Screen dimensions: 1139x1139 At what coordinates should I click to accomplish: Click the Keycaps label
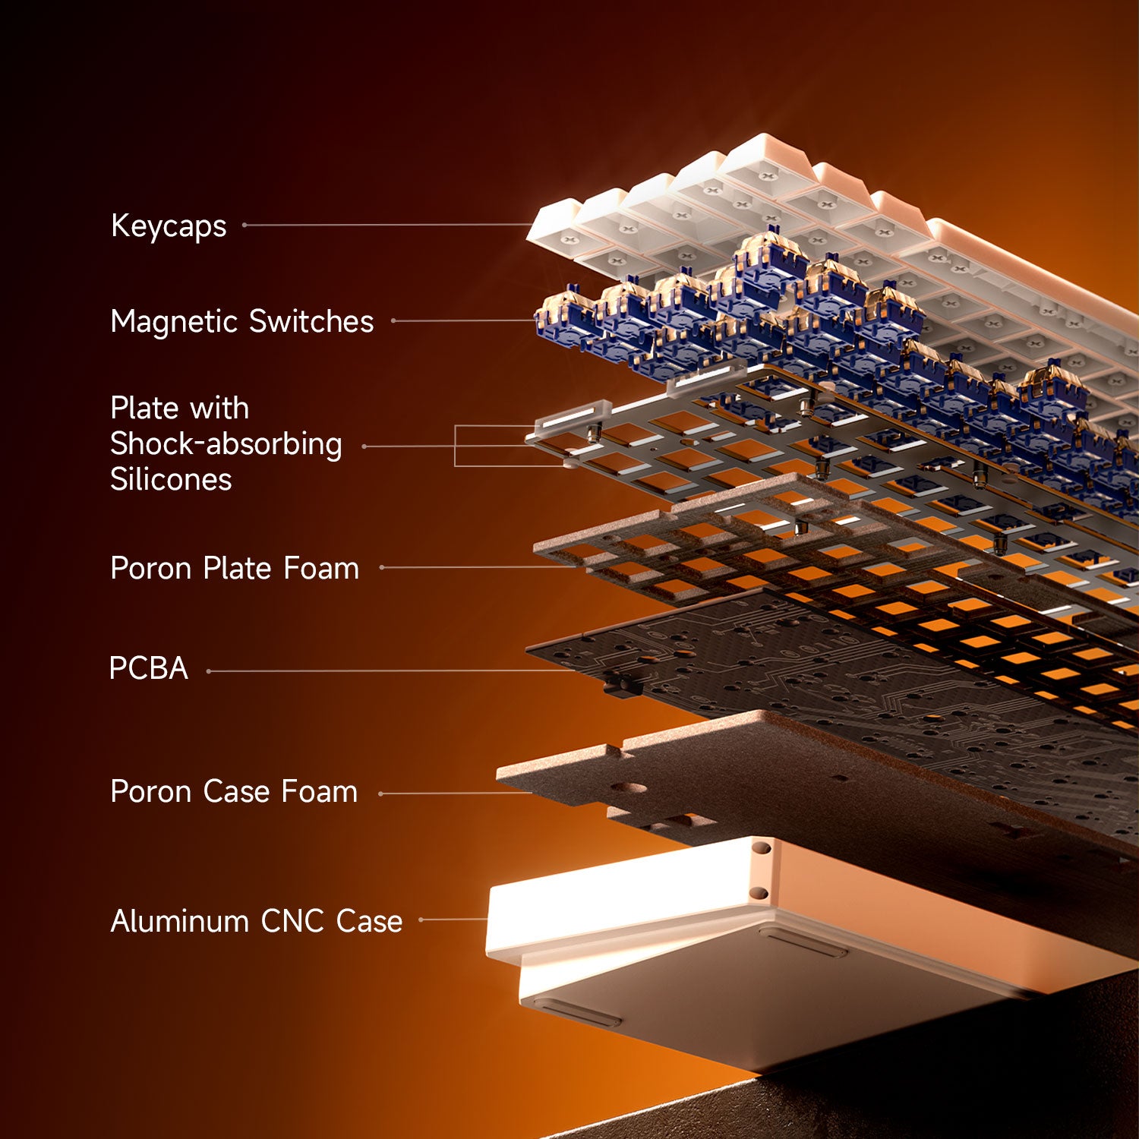click(169, 226)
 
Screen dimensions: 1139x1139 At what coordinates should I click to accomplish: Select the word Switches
click(311, 321)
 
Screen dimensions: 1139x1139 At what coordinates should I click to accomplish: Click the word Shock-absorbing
click(226, 444)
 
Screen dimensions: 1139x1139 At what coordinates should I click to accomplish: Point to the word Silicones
click(171, 480)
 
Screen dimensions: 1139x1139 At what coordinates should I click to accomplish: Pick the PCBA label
click(148, 668)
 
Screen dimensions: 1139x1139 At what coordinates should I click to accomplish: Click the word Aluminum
click(179, 921)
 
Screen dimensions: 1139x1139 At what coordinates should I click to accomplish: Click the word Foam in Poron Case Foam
click(319, 791)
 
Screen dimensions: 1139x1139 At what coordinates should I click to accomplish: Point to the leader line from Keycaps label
click(387, 225)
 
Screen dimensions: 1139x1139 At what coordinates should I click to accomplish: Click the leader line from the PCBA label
click(387, 671)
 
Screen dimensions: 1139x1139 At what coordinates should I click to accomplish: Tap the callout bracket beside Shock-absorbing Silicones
click(456, 446)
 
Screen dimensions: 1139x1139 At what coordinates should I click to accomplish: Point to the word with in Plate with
click(220, 409)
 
